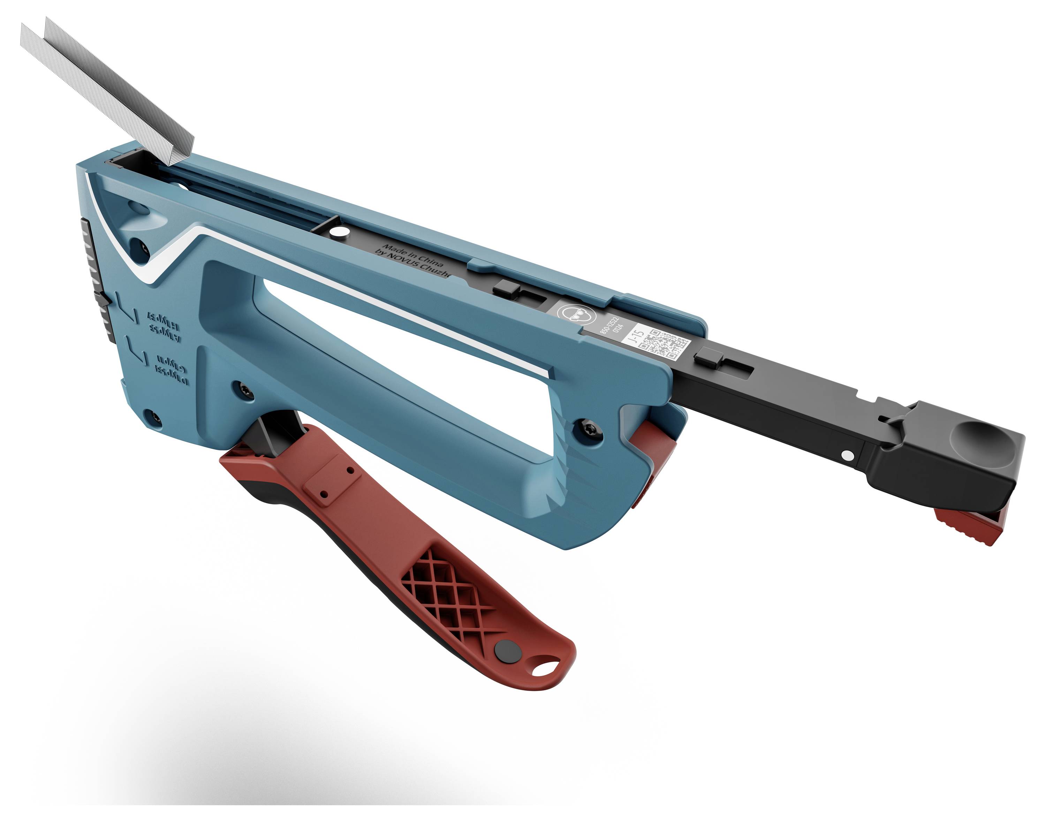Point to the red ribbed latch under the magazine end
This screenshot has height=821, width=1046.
(969, 527)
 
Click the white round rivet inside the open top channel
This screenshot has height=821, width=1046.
(341, 233)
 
